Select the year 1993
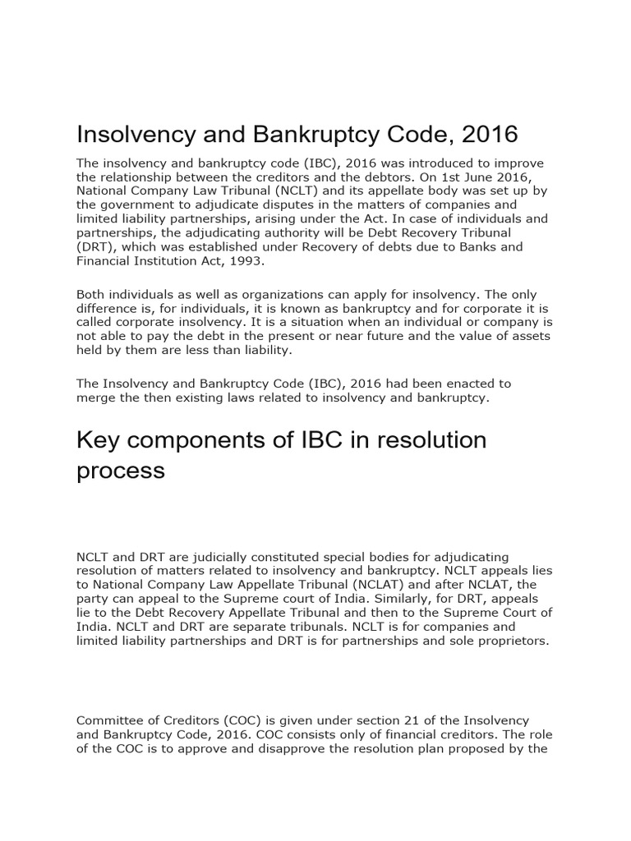(x=250, y=260)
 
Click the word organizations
(x=256, y=294)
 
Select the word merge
(x=94, y=398)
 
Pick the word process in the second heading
(x=120, y=471)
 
